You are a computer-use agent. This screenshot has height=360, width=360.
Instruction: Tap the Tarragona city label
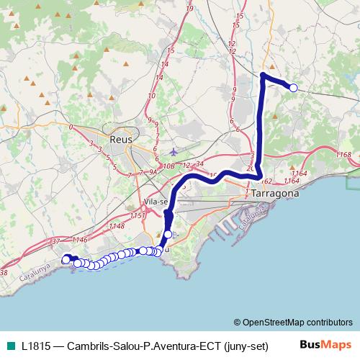pyautogui.click(x=275, y=194)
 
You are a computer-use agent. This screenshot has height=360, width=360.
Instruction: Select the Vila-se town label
pyautogui.click(x=156, y=202)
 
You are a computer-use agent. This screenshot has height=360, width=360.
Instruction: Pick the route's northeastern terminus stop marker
pyautogui.click(x=293, y=88)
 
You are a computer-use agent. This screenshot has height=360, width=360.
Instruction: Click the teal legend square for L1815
pyautogui.click(x=9, y=346)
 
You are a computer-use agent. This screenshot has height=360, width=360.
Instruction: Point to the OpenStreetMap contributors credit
pyautogui.click(x=293, y=322)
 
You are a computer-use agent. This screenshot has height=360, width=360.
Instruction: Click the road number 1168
pyautogui.click(x=343, y=155)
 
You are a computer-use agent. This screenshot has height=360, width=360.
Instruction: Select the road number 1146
pyautogui.click(x=79, y=240)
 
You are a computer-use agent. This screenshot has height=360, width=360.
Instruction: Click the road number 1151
pyautogui.click(x=138, y=215)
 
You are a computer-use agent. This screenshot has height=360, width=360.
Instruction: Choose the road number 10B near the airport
pyautogui.click(x=169, y=166)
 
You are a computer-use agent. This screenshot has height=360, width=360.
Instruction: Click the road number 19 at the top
pyautogui.click(x=189, y=8)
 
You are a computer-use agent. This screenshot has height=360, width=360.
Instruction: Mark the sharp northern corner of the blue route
pyautogui.click(x=263, y=75)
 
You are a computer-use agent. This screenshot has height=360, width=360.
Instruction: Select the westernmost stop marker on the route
pyautogui.click(x=66, y=259)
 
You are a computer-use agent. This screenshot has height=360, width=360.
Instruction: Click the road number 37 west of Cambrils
pyautogui.click(x=36, y=243)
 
